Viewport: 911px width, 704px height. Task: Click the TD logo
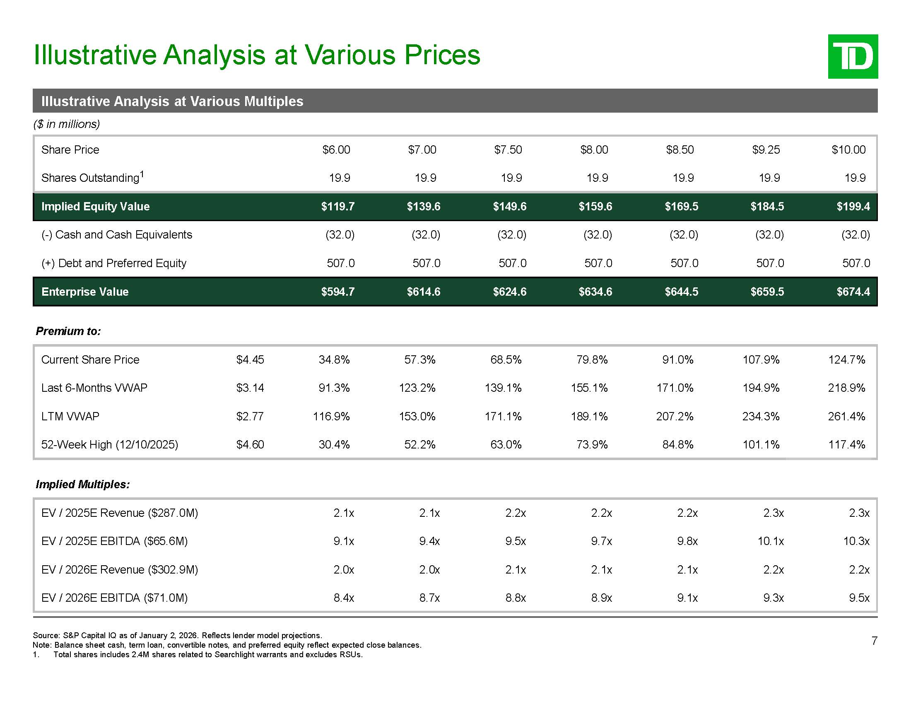coord(853,56)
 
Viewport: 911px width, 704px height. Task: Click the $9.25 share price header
coord(766,150)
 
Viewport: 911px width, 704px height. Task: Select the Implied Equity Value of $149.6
coord(509,207)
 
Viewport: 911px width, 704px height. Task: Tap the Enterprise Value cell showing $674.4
coord(853,292)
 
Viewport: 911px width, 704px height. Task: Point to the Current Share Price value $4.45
coord(250,359)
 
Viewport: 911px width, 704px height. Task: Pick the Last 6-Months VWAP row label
coord(94,388)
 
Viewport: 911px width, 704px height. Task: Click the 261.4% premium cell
coord(846,416)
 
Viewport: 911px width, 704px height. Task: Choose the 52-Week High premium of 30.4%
coord(334,445)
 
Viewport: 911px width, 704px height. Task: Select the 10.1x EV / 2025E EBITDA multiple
coord(771,541)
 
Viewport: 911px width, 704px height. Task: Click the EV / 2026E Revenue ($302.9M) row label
coord(120,570)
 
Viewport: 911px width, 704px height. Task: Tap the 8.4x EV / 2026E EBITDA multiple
coord(344,598)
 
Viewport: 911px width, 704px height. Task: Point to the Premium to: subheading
coord(68,331)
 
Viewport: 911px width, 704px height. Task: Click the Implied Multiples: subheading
coord(82,484)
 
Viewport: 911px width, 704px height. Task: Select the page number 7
coord(874,641)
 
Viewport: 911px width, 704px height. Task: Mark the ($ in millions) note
coord(67,124)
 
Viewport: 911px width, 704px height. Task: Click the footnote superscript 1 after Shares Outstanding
coord(142,174)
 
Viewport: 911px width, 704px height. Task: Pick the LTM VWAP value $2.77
coord(250,416)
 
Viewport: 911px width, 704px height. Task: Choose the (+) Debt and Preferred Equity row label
coord(114,263)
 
